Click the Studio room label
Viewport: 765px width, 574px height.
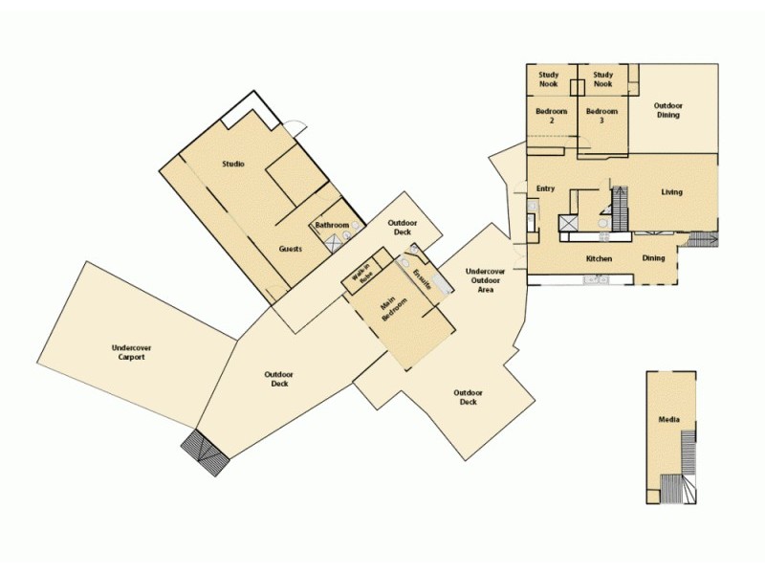coord(233,164)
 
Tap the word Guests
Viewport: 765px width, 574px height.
coord(291,249)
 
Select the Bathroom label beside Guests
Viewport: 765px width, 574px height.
coord(332,225)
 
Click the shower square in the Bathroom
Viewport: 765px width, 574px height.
coord(335,242)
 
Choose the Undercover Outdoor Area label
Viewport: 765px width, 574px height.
coord(486,280)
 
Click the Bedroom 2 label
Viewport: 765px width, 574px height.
coord(551,116)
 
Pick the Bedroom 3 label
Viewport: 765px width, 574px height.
coord(602,116)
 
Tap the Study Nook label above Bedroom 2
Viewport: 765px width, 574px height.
coord(549,79)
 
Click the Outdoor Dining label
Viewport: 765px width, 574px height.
coord(667,110)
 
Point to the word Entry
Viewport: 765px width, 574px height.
coord(546,188)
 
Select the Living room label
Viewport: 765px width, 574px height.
coord(672,192)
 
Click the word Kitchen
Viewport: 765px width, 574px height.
coord(599,259)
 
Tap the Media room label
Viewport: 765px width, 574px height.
coord(669,420)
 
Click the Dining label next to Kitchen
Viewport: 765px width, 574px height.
coord(653,258)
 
